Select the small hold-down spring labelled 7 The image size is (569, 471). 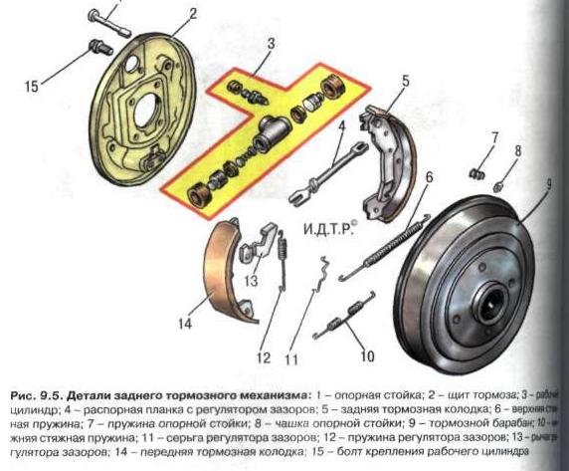475,172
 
